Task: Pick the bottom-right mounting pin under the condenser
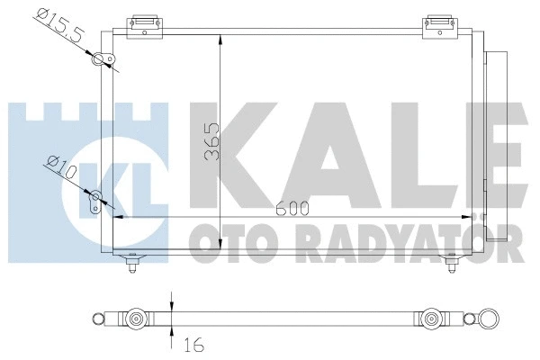[452, 263]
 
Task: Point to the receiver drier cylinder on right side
[495, 144]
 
